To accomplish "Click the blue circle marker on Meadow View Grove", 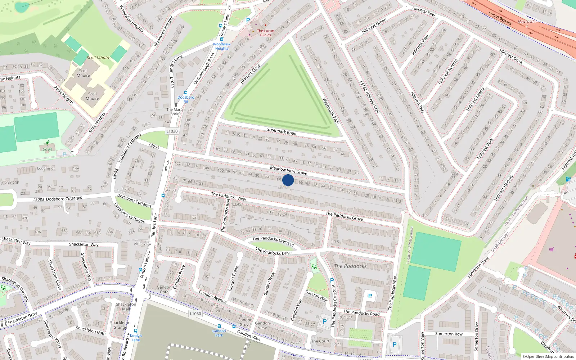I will tap(288, 180).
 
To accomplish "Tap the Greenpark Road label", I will tap(281, 131).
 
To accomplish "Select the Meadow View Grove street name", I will tap(288, 170).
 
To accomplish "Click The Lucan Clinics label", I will tap(265, 33).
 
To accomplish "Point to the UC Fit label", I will tap(47, 149).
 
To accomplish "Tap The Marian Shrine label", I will tap(176, 112).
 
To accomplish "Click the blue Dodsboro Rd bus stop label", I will tap(186, 99).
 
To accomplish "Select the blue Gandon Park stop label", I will tap(219, 333).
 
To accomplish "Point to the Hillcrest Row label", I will tap(424, 12).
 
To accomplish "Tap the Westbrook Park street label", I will tap(330, 111).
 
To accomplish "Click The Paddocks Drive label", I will tap(273, 251).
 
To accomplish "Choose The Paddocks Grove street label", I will tap(344, 216).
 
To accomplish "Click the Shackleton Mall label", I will tap(126, 306).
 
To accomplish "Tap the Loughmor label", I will tap(46, 168).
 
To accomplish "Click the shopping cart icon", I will tap(551, 249).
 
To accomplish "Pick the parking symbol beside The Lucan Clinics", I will tap(248, 21).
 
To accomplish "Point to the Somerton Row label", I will tap(449, 334).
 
